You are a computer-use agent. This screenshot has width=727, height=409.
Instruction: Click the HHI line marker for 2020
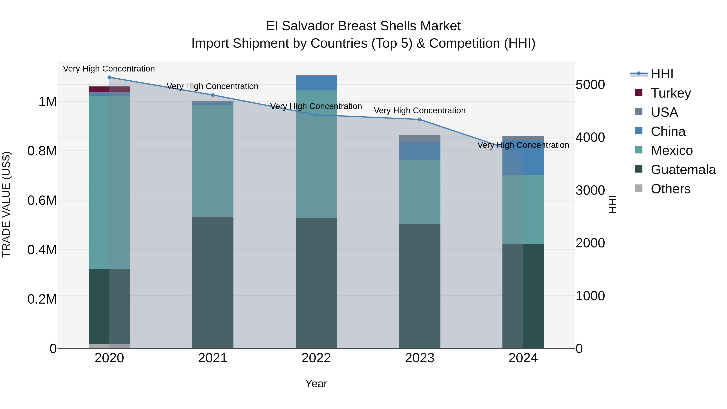109,77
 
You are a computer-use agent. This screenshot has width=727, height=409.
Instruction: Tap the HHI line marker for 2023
419,119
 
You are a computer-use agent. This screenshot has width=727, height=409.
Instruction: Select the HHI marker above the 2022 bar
316,115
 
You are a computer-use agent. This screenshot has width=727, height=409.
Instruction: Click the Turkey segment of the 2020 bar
109,89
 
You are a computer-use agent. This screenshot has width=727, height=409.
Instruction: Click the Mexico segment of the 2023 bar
419,192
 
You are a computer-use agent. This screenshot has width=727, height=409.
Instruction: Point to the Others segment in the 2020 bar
109,346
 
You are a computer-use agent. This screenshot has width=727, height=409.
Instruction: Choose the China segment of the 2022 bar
316,83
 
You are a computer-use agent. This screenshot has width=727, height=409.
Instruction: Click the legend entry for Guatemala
683,170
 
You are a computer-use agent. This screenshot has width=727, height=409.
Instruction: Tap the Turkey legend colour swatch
639,93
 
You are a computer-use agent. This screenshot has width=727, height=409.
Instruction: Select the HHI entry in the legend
662,74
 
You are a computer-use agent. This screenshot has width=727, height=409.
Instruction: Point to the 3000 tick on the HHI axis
590,190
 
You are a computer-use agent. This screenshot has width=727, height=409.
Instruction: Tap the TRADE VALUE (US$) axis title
6,204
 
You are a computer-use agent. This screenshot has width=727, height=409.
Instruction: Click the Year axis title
316,384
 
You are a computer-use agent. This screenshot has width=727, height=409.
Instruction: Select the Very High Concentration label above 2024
523,145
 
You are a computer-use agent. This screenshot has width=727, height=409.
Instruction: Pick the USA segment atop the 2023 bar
419,138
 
